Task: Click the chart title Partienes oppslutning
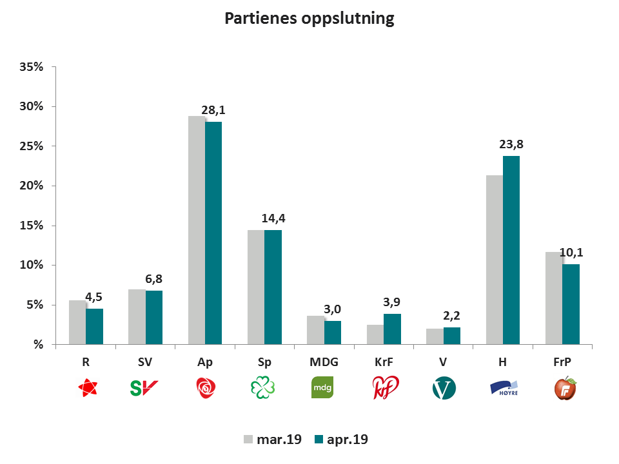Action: point(309,18)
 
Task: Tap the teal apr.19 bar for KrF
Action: point(392,329)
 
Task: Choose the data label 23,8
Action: point(512,144)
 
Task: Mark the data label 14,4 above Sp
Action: point(273,218)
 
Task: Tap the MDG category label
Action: point(324,363)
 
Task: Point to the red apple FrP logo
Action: point(565,388)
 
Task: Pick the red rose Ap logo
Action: point(205,388)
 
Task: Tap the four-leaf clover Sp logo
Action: point(264,388)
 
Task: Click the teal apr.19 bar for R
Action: point(95,326)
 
